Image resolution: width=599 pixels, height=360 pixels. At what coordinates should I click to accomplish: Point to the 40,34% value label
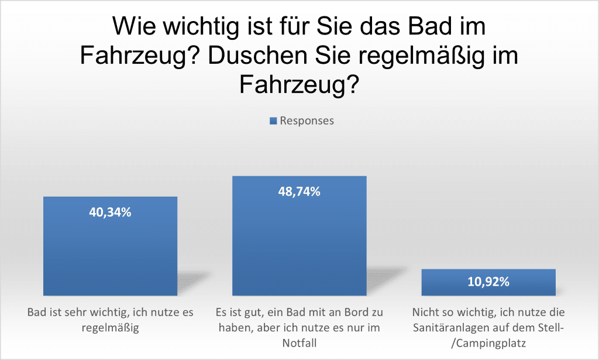coord(110,212)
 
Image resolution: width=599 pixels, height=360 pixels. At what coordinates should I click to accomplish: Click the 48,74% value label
coord(299,191)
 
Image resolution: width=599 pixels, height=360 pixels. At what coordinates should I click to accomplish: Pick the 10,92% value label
coord(488,282)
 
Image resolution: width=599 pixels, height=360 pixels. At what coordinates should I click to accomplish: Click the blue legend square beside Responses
coord(273,121)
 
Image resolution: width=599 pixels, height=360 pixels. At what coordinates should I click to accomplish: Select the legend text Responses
coord(307,121)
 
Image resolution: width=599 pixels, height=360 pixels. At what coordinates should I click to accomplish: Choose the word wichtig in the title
coord(197,26)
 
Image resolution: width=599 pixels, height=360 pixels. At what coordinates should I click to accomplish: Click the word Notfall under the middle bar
coord(299,343)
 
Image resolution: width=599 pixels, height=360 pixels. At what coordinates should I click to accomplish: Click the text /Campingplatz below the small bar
coord(488,343)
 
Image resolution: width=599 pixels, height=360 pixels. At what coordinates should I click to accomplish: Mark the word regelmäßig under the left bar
coord(110,328)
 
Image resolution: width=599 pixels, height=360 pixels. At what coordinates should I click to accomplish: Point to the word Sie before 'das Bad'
coord(335,26)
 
